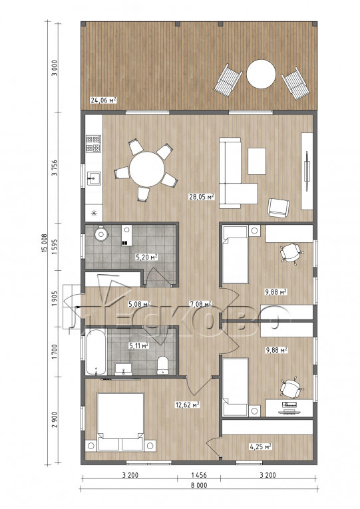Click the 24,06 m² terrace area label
click(104, 100)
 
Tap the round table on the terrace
click(261, 74)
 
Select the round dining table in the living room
click(146, 169)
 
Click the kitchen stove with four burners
click(93, 144)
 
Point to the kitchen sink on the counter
click(94, 178)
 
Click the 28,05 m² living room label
click(202, 196)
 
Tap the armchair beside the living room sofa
click(278, 208)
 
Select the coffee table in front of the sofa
click(257, 161)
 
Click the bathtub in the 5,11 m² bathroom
click(96, 352)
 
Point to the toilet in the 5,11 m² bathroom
click(162, 365)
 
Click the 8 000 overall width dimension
click(199, 485)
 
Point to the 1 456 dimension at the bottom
click(199, 475)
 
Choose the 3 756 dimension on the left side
click(55, 168)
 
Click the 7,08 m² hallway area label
click(200, 304)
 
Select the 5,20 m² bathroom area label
click(146, 257)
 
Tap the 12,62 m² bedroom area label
click(187, 405)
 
